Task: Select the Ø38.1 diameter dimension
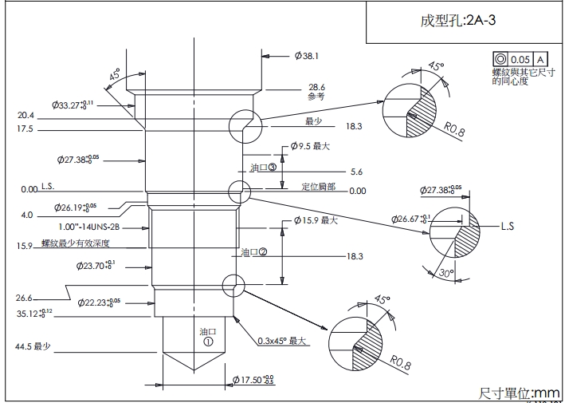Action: [307, 56]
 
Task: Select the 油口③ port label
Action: [262, 168]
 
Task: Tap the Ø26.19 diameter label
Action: [77, 207]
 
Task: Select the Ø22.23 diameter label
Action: [99, 302]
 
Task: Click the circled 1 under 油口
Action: [209, 341]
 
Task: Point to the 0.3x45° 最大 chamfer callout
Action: [283, 341]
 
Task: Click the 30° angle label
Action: [446, 274]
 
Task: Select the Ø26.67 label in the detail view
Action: [414, 219]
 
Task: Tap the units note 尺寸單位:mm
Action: [519, 393]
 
